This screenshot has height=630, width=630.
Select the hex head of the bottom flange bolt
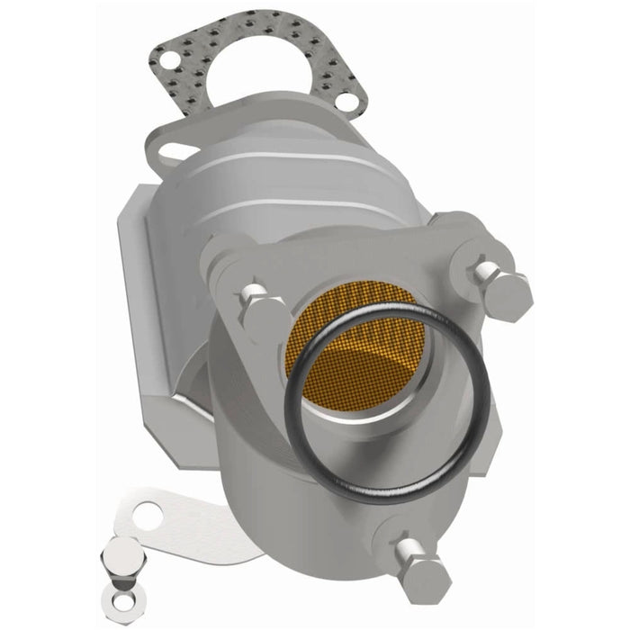click(x=423, y=576)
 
